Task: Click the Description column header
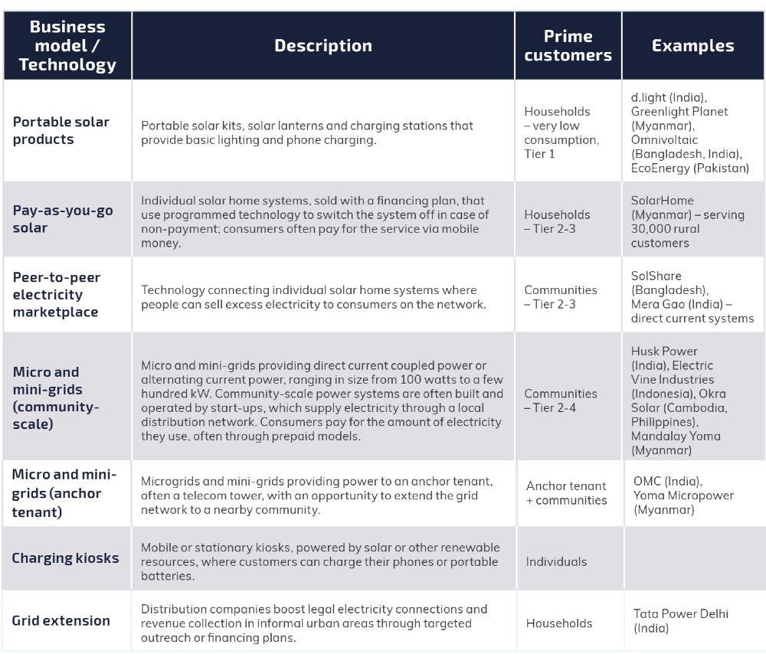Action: point(322,46)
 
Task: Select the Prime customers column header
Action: point(568,46)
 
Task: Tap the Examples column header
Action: point(692,46)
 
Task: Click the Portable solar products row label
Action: point(61,130)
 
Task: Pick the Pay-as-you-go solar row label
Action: point(61,220)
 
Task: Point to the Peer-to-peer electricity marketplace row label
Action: point(57,294)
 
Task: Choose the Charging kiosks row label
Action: point(66,558)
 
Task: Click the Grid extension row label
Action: point(61,620)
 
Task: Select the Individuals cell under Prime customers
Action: point(556,561)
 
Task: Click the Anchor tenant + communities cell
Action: point(566,493)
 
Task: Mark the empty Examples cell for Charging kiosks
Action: point(692,558)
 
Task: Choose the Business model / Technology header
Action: point(67,46)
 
